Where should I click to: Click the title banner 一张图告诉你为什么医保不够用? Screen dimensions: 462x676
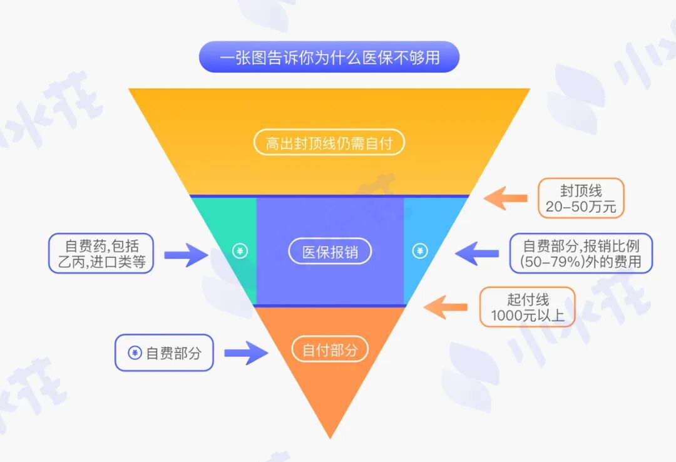[x=329, y=58]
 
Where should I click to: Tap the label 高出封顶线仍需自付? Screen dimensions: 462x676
[x=329, y=143]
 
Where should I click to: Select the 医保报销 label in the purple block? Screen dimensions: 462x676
[x=330, y=252]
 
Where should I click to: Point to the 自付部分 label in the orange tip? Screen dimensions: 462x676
[x=330, y=350]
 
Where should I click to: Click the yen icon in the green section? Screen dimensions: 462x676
[x=240, y=252]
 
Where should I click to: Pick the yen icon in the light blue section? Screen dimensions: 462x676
[x=419, y=252]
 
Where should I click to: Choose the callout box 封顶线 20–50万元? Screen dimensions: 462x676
[x=581, y=198]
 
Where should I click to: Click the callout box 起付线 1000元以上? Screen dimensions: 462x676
[x=527, y=307]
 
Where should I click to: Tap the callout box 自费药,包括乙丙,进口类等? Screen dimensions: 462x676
[x=101, y=253]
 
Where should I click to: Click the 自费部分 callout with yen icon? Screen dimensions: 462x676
[x=164, y=352]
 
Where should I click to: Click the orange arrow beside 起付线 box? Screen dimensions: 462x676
[x=446, y=307]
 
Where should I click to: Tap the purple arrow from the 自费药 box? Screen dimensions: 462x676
[x=186, y=254]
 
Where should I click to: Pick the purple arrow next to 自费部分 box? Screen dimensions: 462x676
[x=245, y=353]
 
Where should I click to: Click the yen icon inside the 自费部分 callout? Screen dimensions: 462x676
[x=135, y=353]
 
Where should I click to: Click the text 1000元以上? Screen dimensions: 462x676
[x=527, y=316]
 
